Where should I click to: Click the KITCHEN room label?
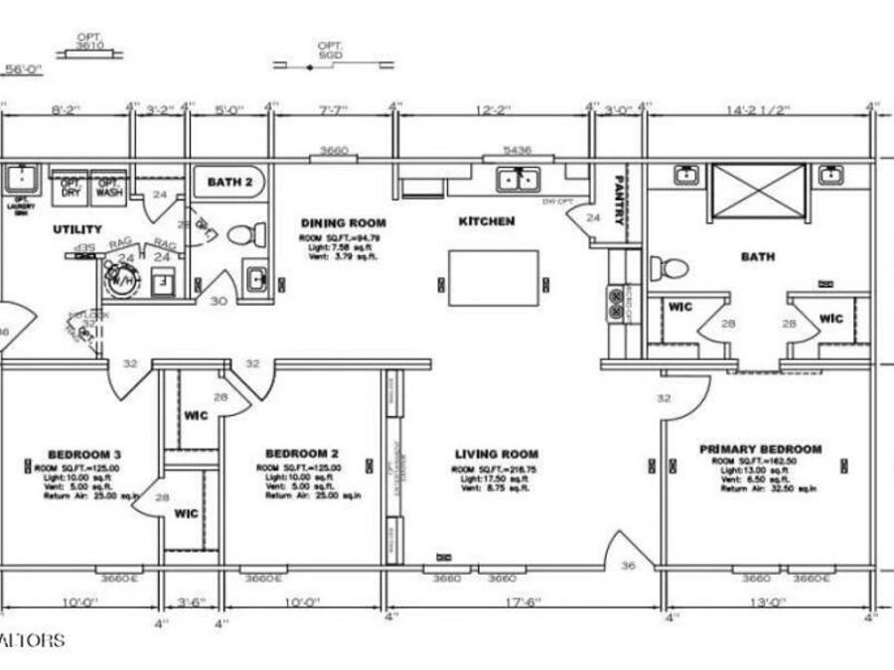pos(486,221)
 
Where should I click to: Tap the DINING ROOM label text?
pos(344,223)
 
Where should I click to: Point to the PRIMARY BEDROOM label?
pos(761,449)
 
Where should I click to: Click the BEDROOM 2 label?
pos(299,455)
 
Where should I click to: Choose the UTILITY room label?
pos(77,229)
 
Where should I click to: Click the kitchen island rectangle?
pos(494,278)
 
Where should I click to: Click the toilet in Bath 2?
pos(244,235)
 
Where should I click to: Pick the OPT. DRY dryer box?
pos(71,189)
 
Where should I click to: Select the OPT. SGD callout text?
pos(330,51)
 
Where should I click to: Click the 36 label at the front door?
pos(628,567)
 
